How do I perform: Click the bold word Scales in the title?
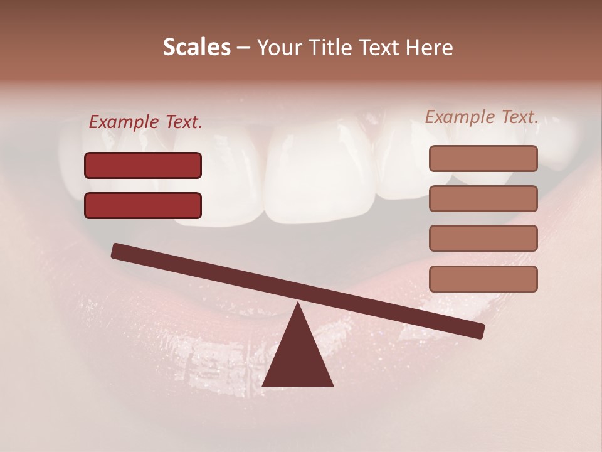pos(196,48)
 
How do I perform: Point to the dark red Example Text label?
pos(145,122)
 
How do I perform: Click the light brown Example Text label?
pos(482,117)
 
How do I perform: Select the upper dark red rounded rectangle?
pos(143,165)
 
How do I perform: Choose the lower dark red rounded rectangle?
pos(143,205)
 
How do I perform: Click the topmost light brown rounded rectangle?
pos(483,158)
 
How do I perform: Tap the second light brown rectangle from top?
pos(483,198)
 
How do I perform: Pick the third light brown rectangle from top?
pos(483,238)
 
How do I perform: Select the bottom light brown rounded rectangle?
pos(483,279)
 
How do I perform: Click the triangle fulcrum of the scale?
pos(298,355)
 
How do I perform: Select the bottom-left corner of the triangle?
pos(263,385)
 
